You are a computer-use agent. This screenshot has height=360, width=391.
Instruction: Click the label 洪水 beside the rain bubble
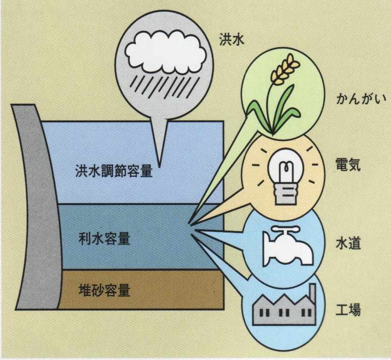231,39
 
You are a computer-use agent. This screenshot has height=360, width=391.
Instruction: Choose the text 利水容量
104,239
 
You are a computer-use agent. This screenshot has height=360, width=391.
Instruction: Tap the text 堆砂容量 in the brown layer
104,290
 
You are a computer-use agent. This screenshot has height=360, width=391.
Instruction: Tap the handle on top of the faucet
284,228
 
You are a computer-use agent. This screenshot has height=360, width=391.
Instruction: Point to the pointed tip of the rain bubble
159,167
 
